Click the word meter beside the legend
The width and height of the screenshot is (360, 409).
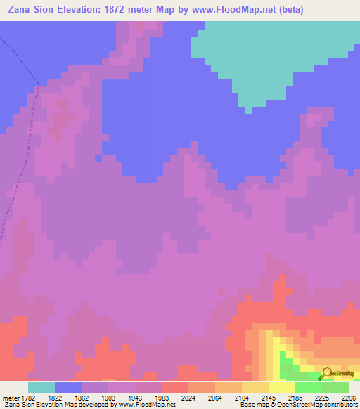(x=10, y=397)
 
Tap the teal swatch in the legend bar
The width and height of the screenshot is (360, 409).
(x=41, y=387)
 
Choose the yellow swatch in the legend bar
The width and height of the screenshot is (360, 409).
(x=282, y=387)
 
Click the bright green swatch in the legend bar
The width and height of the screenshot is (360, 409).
(x=309, y=387)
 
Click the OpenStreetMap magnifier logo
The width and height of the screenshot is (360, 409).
(x=326, y=374)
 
